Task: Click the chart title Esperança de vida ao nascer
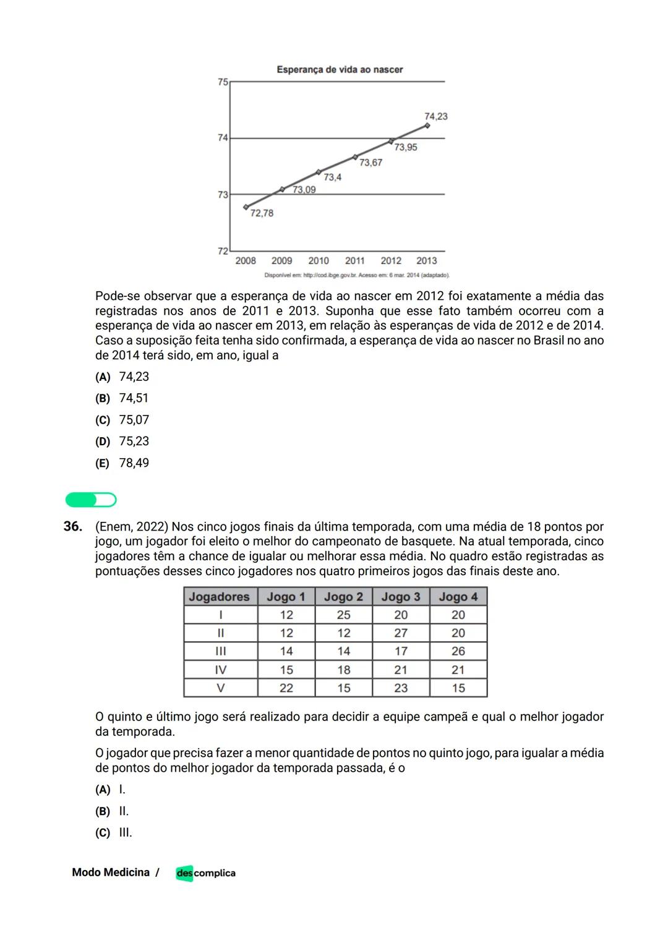(340, 69)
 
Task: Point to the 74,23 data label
(435, 116)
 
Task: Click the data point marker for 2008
(246, 207)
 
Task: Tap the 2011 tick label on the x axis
(354, 261)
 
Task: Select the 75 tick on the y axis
(223, 82)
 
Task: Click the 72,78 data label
(262, 213)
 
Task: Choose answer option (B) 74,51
(122, 398)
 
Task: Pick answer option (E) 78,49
(122, 463)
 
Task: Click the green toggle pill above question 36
(91, 500)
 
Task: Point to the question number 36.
(72, 527)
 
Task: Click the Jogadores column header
(220, 597)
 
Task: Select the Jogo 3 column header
(400, 597)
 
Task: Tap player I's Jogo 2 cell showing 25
(343, 615)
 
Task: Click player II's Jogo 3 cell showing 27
(401, 633)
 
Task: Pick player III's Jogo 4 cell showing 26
(458, 651)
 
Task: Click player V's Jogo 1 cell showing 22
(286, 688)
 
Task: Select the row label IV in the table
(220, 670)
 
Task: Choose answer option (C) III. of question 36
(114, 832)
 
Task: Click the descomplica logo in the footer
(205, 873)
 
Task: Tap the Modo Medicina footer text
(111, 873)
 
